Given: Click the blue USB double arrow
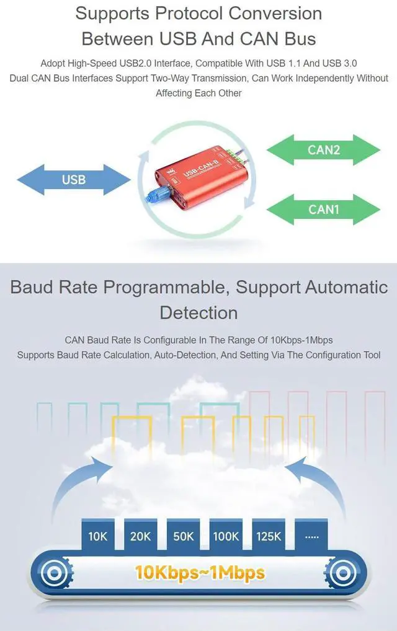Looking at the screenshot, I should [x=74, y=180].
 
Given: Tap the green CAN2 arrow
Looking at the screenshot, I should [x=323, y=149].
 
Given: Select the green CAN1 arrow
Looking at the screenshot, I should [x=323, y=210].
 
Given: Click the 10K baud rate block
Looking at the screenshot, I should [x=98, y=536].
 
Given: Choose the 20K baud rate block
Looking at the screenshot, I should [x=141, y=536].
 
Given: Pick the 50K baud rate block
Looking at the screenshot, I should [x=184, y=536].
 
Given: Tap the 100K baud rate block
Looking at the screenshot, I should [x=226, y=536].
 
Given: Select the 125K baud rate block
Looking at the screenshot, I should [x=269, y=536].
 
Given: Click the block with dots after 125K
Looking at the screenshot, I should [x=312, y=536].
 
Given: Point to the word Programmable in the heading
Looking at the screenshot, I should [x=167, y=287].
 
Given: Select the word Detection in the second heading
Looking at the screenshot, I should [x=198, y=312].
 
